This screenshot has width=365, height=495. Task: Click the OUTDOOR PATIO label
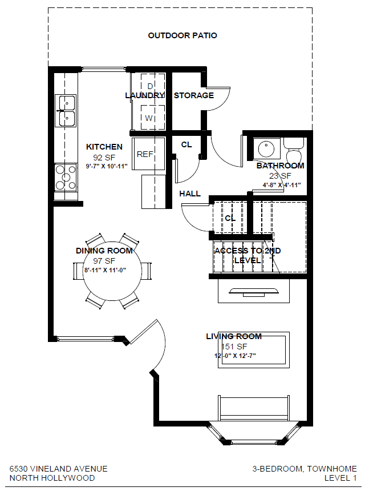(182, 35)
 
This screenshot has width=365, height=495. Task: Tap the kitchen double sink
(66, 111)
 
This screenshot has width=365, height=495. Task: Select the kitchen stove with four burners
(66, 178)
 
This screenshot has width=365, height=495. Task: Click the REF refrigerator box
(149, 154)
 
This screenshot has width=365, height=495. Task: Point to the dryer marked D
(153, 86)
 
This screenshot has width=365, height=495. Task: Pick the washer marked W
(153, 118)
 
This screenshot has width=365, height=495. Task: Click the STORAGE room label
(194, 95)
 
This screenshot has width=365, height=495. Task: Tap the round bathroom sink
(266, 148)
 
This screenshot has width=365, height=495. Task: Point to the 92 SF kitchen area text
(104, 157)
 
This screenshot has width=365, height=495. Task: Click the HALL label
(190, 194)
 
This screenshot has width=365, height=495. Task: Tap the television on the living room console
(254, 292)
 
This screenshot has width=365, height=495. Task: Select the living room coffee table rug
(254, 350)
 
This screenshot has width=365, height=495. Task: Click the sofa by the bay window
(254, 408)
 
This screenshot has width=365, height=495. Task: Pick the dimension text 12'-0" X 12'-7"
(235, 356)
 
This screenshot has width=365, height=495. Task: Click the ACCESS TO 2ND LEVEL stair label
(248, 255)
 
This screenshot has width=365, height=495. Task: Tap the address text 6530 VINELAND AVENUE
(58, 469)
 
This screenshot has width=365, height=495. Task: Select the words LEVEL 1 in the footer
(340, 478)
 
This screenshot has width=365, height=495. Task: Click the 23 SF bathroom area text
(280, 176)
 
